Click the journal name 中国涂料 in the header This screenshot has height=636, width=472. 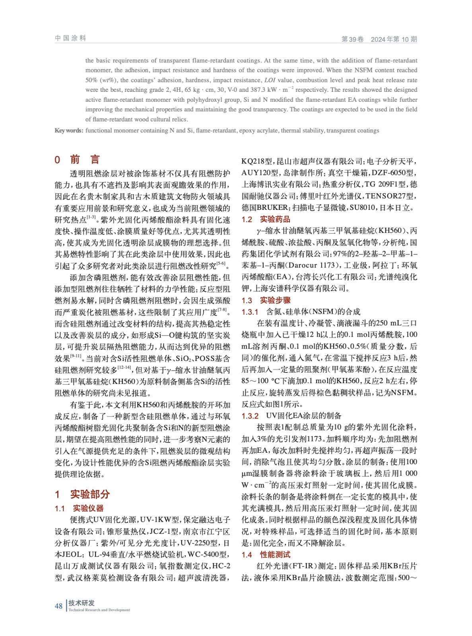[70, 38]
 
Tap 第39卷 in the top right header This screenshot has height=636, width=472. [352, 39]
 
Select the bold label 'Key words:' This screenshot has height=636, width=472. [69, 130]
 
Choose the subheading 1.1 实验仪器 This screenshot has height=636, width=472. [79, 508]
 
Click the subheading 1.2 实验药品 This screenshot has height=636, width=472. [266, 219]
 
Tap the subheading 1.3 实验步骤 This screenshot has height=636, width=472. [266, 300]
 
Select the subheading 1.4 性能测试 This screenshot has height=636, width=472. [266, 555]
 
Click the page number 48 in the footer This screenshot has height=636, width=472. [58, 606]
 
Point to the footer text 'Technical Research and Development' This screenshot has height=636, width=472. [99, 610]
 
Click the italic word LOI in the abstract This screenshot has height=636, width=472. [270, 80]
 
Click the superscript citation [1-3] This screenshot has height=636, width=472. [91, 217]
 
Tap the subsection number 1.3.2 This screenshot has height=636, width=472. [250, 416]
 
